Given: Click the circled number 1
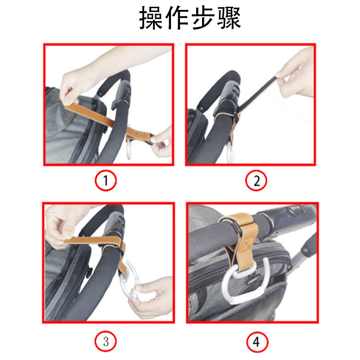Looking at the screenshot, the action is pos(106,180).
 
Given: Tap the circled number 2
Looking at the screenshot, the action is pos(256,180).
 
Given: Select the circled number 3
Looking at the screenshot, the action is pos(106,342).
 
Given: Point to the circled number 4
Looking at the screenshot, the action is pos(257,342).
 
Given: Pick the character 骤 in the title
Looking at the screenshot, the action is pos(229,18).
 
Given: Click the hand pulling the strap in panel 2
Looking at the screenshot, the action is pos(296,73).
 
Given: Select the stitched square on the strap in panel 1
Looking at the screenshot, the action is pos(140,134).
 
